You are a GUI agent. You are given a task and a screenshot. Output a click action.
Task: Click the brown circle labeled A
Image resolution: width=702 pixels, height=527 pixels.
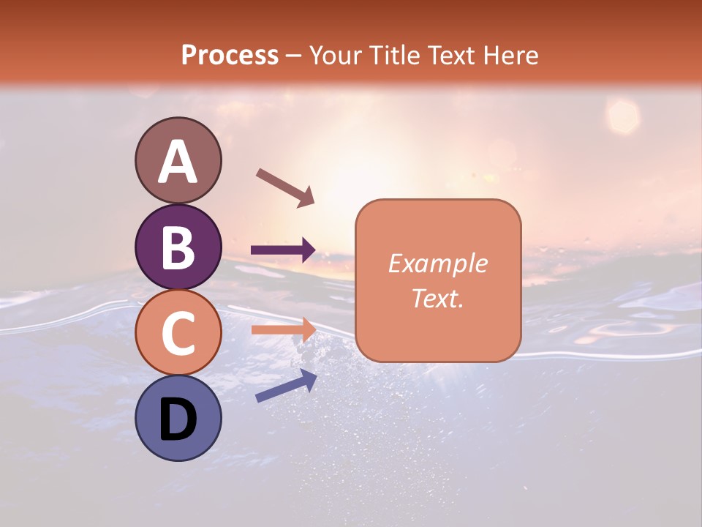click(178, 161)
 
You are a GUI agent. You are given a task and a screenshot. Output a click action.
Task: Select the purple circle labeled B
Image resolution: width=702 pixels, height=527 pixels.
click(178, 247)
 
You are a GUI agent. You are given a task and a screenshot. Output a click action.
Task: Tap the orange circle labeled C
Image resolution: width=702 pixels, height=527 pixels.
click(178, 332)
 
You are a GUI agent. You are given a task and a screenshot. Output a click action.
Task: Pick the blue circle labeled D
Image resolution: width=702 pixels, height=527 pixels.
click(178, 418)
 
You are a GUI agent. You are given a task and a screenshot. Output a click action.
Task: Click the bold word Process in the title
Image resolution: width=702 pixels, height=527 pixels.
click(230, 55)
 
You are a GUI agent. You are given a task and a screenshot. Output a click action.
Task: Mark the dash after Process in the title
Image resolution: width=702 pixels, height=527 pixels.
click(294, 56)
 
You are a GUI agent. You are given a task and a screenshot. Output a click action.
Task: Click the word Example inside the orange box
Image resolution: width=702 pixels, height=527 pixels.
click(437, 263)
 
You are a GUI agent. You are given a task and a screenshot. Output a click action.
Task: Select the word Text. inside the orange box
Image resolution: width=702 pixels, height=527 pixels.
click(437, 298)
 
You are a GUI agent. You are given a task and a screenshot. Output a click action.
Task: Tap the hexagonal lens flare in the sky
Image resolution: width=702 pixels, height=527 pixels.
click(623, 115)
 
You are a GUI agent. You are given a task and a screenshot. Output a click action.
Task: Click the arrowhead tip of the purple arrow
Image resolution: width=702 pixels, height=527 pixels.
click(314, 250)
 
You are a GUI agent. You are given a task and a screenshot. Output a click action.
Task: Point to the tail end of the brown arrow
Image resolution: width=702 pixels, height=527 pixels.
click(259, 172)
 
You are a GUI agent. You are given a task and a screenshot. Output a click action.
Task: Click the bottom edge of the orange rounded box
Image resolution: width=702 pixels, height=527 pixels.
click(437, 362)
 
